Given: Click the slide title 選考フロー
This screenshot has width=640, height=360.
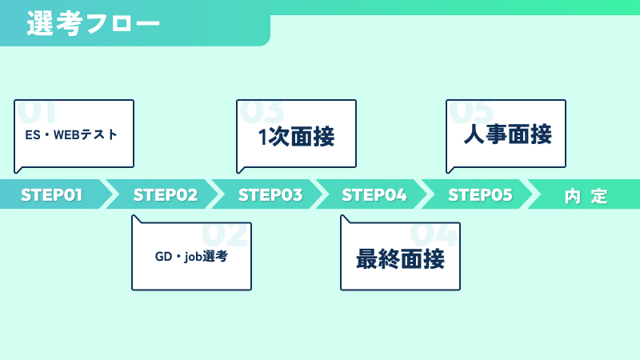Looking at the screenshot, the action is click(x=93, y=23).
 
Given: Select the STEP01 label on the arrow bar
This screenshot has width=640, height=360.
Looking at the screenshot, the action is click(x=51, y=194).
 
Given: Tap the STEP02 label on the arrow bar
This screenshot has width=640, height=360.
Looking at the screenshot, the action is click(x=166, y=194).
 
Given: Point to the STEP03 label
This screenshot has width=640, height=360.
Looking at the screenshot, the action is click(x=270, y=194).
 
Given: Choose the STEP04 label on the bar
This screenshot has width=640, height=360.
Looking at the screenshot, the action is click(x=374, y=194).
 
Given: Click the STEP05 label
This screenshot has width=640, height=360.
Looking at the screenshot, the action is click(x=480, y=194).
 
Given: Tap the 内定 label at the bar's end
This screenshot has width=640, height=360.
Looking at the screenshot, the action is click(x=586, y=196).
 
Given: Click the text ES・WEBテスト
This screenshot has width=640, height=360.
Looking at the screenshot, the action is click(x=71, y=134).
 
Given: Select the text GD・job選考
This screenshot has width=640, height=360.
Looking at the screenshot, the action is click(x=191, y=256).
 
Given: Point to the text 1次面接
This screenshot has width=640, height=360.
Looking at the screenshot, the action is click(x=296, y=136).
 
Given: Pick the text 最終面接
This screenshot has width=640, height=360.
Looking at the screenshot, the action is click(x=400, y=258).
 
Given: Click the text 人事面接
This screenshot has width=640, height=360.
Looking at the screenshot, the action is click(x=508, y=134).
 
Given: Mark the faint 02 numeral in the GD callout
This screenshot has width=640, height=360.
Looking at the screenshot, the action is click(x=225, y=234).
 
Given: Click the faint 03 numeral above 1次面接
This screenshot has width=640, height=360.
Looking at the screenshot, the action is click(x=262, y=111).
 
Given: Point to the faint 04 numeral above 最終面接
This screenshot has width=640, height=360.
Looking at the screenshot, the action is click(x=434, y=234).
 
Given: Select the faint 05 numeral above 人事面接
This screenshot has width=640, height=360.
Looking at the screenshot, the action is click(x=471, y=111).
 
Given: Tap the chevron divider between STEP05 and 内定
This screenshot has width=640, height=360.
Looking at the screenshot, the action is click(x=530, y=194).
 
